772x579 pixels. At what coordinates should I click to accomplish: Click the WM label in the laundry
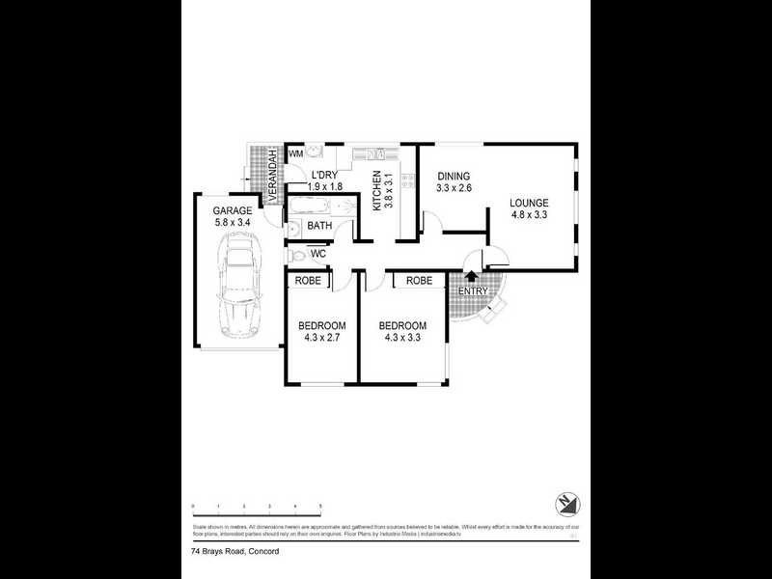[296, 153]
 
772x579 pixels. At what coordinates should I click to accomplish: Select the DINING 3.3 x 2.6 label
[454, 182]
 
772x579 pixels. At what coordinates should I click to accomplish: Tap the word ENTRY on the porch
[473, 291]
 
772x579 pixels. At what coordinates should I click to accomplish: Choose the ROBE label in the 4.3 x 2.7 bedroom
[308, 281]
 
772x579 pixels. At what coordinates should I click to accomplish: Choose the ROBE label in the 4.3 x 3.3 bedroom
[419, 281]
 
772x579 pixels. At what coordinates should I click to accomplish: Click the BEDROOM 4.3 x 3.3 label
[402, 331]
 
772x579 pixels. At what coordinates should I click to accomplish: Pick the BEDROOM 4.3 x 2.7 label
[321, 331]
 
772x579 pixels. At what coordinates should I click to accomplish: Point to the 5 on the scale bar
[320, 506]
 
